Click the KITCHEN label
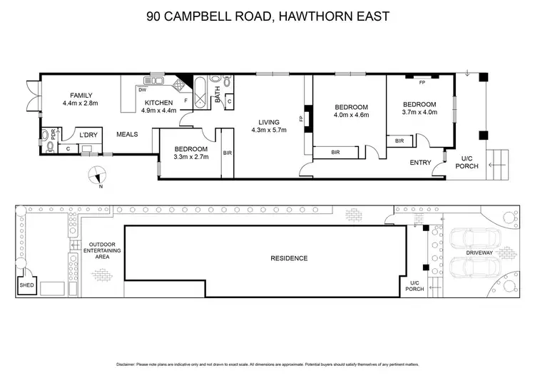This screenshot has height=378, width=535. (158, 102)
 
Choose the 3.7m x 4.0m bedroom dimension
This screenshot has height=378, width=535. (419, 112)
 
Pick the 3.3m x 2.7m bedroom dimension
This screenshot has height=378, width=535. (191, 157)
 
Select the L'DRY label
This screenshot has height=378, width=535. (88, 135)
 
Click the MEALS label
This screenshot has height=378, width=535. (127, 134)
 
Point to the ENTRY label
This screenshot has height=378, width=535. (420, 163)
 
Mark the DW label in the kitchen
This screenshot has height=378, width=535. (143, 90)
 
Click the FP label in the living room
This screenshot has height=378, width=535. (301, 118)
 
